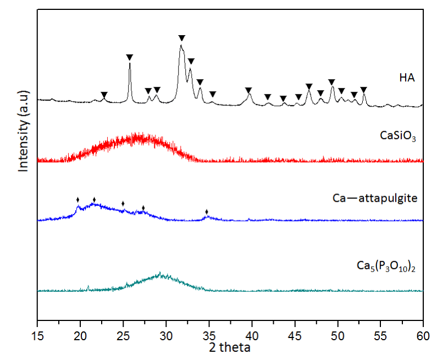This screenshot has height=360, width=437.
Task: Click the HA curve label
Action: pos(406,78)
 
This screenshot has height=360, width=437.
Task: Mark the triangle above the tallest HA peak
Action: pos(181,38)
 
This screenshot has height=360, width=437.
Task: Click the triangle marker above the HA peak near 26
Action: pos(130,57)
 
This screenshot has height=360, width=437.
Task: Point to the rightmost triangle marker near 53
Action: pos(363,90)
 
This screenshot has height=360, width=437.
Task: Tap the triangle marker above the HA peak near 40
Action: pos(248,90)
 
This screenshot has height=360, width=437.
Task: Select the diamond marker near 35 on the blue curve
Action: pos(207,212)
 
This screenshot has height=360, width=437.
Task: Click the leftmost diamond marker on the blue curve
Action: pos(78,199)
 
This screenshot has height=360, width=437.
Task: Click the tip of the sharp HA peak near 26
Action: pos(130,64)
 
